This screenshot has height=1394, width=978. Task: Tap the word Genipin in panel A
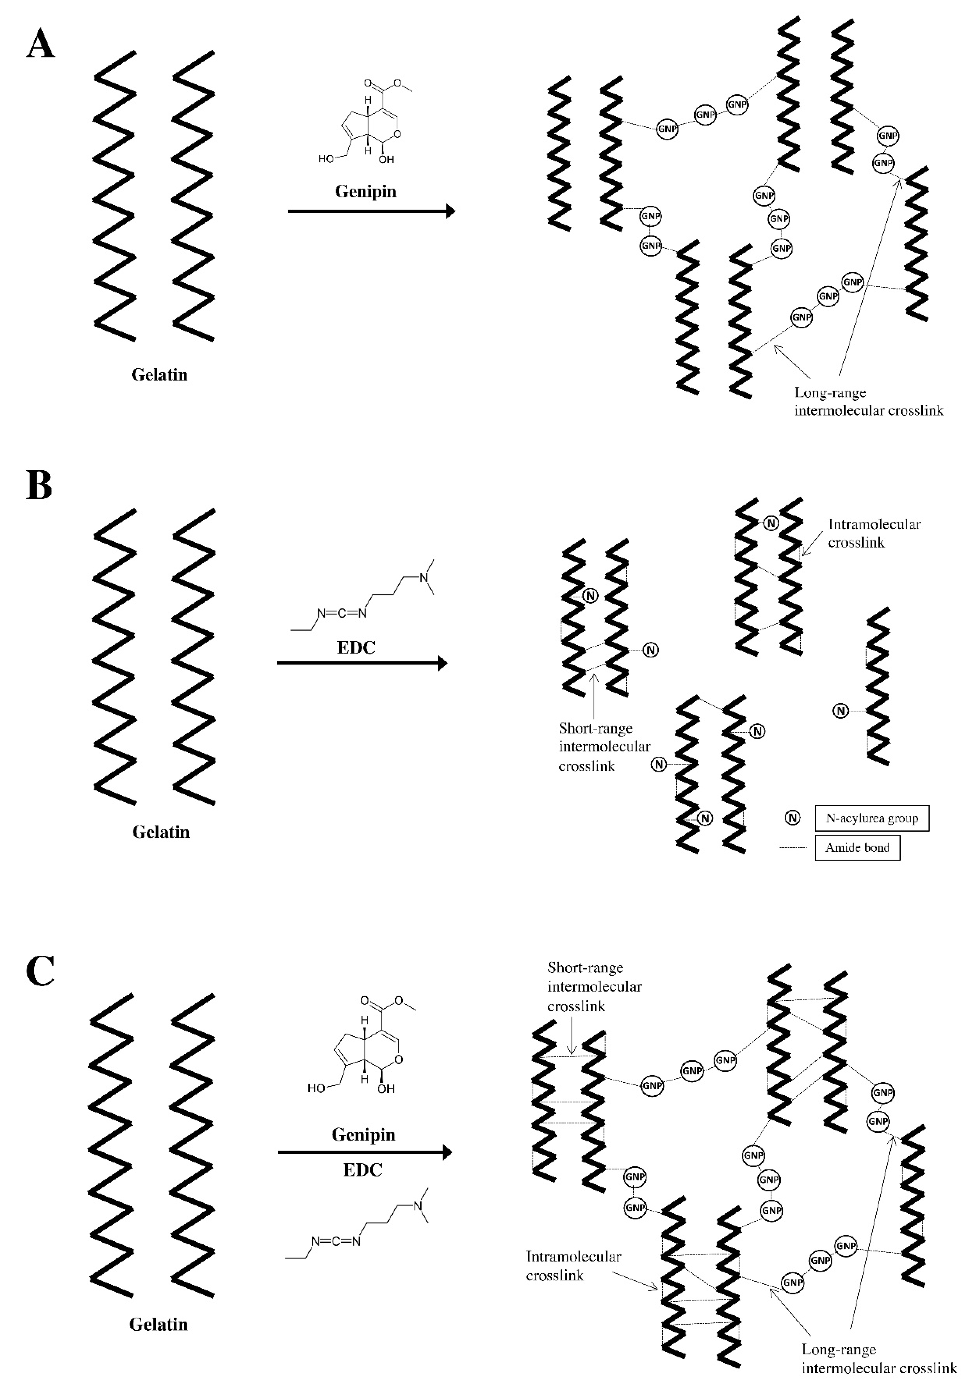pyautogui.click(x=366, y=192)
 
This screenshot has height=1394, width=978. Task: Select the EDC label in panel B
pyautogui.click(x=356, y=647)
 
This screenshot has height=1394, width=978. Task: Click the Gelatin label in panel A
pyautogui.click(x=159, y=375)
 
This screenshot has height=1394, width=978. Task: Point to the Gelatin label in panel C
pyautogui.click(x=158, y=1324)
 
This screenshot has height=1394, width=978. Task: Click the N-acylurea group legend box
pyautogui.click(x=872, y=818)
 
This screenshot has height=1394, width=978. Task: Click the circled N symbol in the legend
pyautogui.click(x=793, y=818)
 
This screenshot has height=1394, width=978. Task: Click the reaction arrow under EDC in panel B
pyautogui.click(x=362, y=663)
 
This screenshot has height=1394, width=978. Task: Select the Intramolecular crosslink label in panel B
pyautogui.click(x=874, y=533)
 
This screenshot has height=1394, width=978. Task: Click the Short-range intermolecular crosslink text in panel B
pyautogui.click(x=604, y=747)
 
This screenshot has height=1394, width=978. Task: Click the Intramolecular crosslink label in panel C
pyautogui.click(x=573, y=1265)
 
